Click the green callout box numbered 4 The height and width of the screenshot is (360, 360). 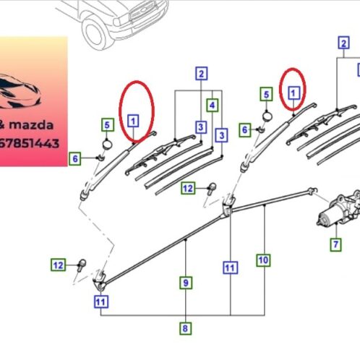pyautogui.click(x=213, y=106)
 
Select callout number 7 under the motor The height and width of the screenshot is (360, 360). pyautogui.click(x=336, y=244)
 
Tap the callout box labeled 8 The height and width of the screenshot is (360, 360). pyautogui.click(x=185, y=328)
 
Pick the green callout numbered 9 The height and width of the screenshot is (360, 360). pyautogui.click(x=186, y=283)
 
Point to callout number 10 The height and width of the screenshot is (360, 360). pyautogui.click(x=263, y=260)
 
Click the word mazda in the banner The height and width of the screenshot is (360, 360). pyautogui.click(x=31, y=125)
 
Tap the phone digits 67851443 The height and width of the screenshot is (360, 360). pyautogui.click(x=29, y=143)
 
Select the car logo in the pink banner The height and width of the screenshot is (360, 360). pyautogui.click(x=20, y=92)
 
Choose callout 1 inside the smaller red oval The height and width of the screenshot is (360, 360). pyautogui.click(x=293, y=93)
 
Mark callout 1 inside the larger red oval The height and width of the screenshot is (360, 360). pyautogui.click(x=133, y=121)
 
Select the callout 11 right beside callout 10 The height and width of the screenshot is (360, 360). pyautogui.click(x=230, y=267)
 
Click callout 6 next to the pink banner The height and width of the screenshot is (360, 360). pyautogui.click(x=75, y=159)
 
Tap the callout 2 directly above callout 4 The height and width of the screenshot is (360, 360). pyautogui.click(x=202, y=74)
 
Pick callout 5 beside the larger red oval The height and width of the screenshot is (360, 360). pyautogui.click(x=108, y=125)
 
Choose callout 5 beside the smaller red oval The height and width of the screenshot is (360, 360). pyautogui.click(x=266, y=94)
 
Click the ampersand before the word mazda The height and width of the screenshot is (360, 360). pyautogui.click(x=2, y=125)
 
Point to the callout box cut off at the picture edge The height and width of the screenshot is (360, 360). pyautogui.click(x=359, y=70)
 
